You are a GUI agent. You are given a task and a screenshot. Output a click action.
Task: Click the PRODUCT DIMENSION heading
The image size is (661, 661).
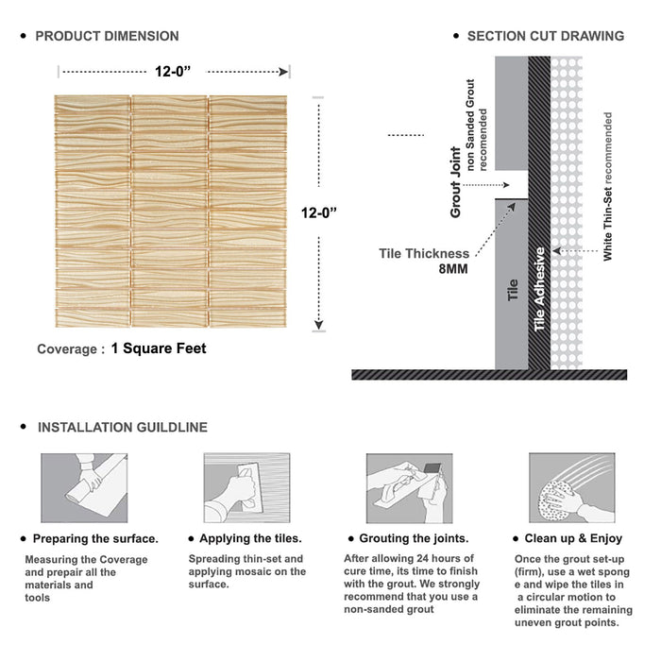[x=107, y=36]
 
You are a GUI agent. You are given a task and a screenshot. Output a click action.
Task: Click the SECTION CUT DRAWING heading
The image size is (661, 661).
[x=545, y=36]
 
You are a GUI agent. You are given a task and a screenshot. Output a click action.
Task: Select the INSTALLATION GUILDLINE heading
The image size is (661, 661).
[x=122, y=427]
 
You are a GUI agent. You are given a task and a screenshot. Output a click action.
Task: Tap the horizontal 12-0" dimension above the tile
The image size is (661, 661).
[x=175, y=70]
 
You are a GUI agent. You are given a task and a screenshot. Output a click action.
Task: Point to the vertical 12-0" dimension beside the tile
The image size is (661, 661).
[x=320, y=212]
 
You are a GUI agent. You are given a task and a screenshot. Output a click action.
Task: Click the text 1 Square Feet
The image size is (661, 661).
[x=158, y=348]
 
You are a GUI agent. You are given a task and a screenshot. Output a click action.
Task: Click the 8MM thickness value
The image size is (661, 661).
[x=450, y=268]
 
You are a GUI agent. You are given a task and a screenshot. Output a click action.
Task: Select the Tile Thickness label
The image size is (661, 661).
[x=424, y=253]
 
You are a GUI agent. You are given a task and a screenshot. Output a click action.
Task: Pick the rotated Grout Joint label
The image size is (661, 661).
[x=456, y=182]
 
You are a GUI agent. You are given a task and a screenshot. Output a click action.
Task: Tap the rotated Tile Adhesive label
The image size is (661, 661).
[x=540, y=288]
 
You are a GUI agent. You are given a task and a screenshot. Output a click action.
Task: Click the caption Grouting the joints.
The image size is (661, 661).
[x=413, y=538]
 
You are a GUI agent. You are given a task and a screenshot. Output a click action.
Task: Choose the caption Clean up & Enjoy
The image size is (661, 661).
[x=575, y=538]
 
